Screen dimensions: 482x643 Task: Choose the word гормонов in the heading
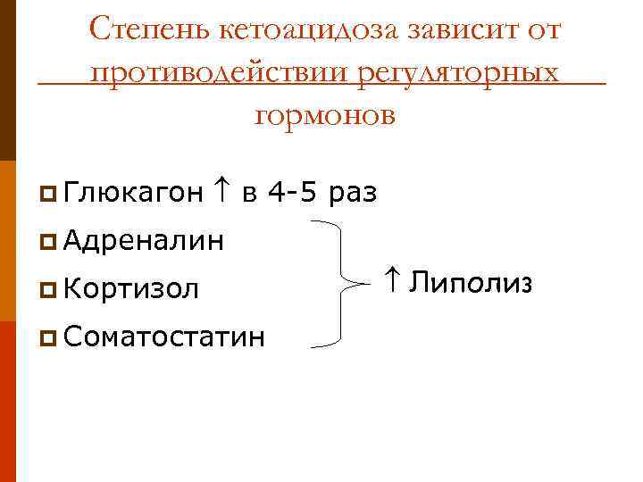point(323,114)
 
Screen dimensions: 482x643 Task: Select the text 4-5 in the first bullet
point(293,192)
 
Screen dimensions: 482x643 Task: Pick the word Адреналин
point(143,240)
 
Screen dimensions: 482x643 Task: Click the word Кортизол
point(131,288)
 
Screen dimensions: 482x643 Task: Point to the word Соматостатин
point(164,337)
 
